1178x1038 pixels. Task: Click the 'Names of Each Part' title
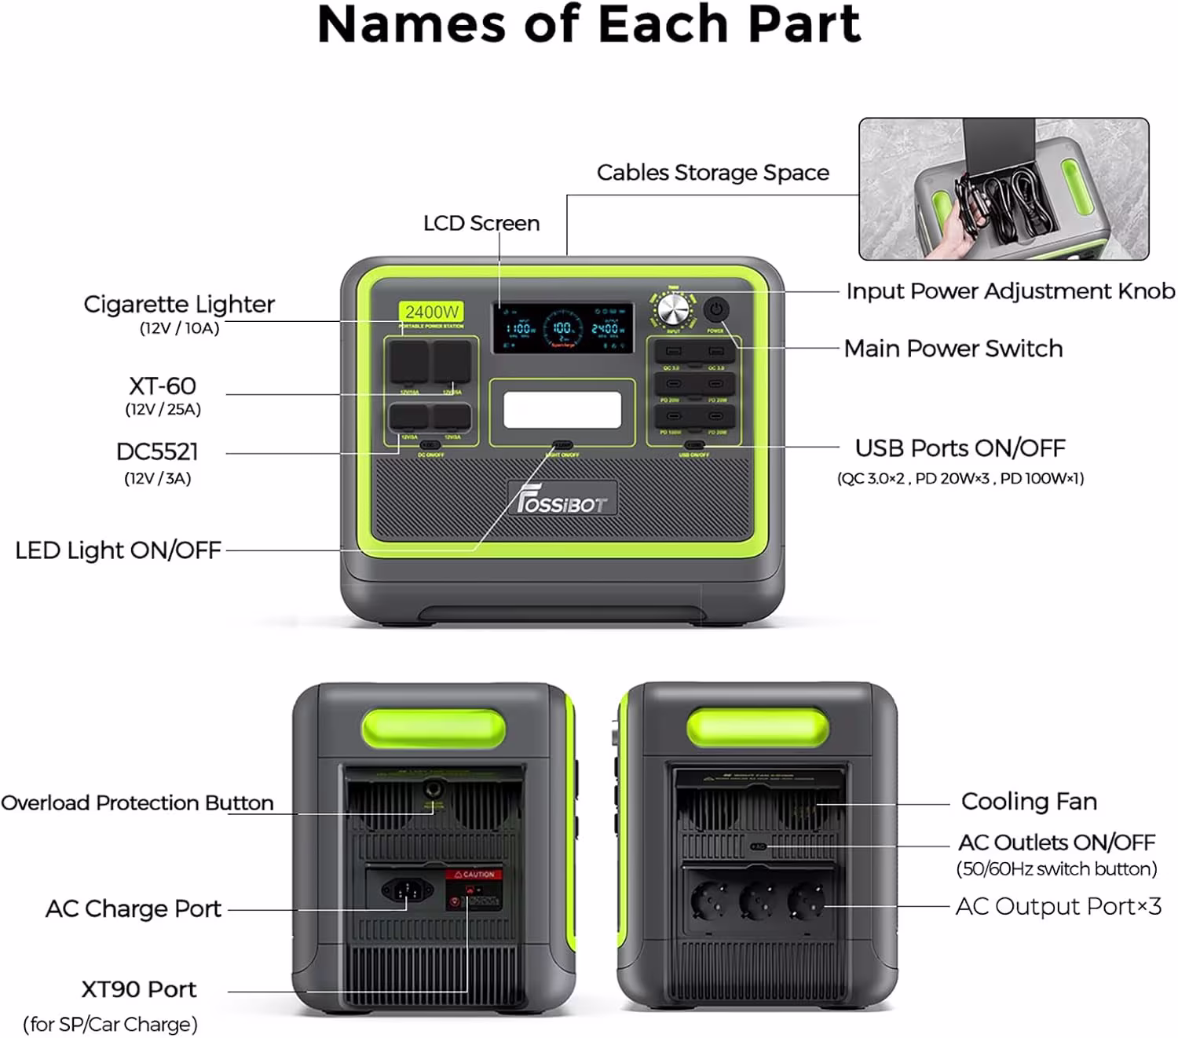tap(589, 25)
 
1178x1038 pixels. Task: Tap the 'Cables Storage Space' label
tap(712, 173)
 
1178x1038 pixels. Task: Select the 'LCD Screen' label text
tap(481, 224)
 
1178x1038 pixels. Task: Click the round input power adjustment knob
tap(673, 310)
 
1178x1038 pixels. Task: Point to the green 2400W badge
tap(431, 312)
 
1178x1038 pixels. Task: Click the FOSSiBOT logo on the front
tap(562, 501)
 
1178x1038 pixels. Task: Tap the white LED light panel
tap(562, 410)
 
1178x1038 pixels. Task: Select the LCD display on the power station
tap(562, 327)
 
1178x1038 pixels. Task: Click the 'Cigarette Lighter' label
tap(179, 305)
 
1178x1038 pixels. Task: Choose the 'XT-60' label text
tap(163, 386)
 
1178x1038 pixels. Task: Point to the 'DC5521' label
tap(157, 452)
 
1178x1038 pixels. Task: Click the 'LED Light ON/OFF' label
tap(118, 550)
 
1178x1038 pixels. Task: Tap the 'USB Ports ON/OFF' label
tap(960, 448)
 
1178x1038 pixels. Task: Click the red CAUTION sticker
tap(474, 874)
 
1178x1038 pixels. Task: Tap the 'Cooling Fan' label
tap(1028, 802)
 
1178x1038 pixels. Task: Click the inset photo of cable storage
tap(1004, 189)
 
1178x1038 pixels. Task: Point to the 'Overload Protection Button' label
tap(137, 803)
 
